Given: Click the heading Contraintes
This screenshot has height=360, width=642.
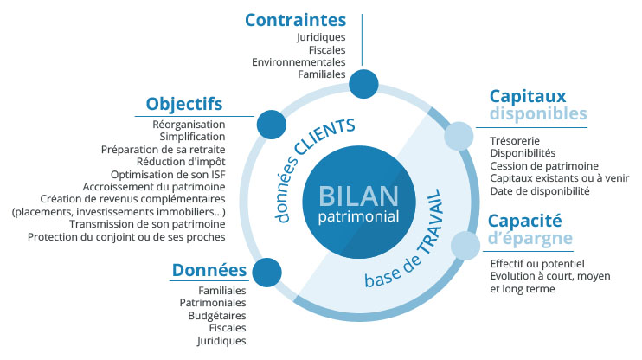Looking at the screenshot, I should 295,19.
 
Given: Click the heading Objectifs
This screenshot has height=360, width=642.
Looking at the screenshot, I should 184,104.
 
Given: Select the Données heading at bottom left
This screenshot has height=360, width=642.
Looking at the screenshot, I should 209,271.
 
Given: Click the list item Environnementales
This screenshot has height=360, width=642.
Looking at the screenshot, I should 299,62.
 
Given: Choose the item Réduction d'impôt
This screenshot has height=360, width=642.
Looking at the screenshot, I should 181,161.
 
